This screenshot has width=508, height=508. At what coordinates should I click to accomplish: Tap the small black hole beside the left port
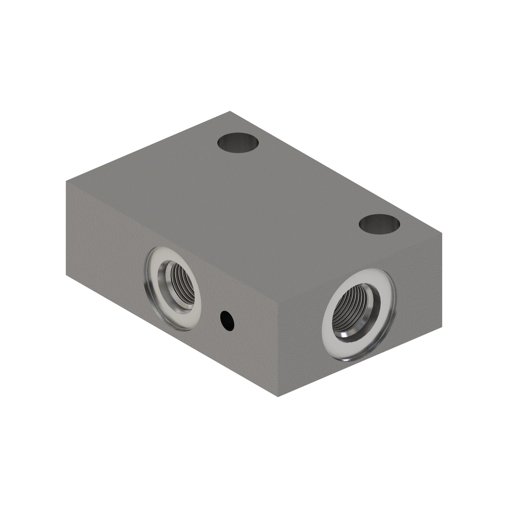point(227,321)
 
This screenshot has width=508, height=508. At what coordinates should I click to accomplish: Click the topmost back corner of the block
point(230,111)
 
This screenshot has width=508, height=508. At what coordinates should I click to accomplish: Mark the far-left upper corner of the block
point(66,181)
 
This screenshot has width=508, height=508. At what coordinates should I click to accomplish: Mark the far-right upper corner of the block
point(442,233)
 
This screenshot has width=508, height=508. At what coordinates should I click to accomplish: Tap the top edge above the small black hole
point(227,274)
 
